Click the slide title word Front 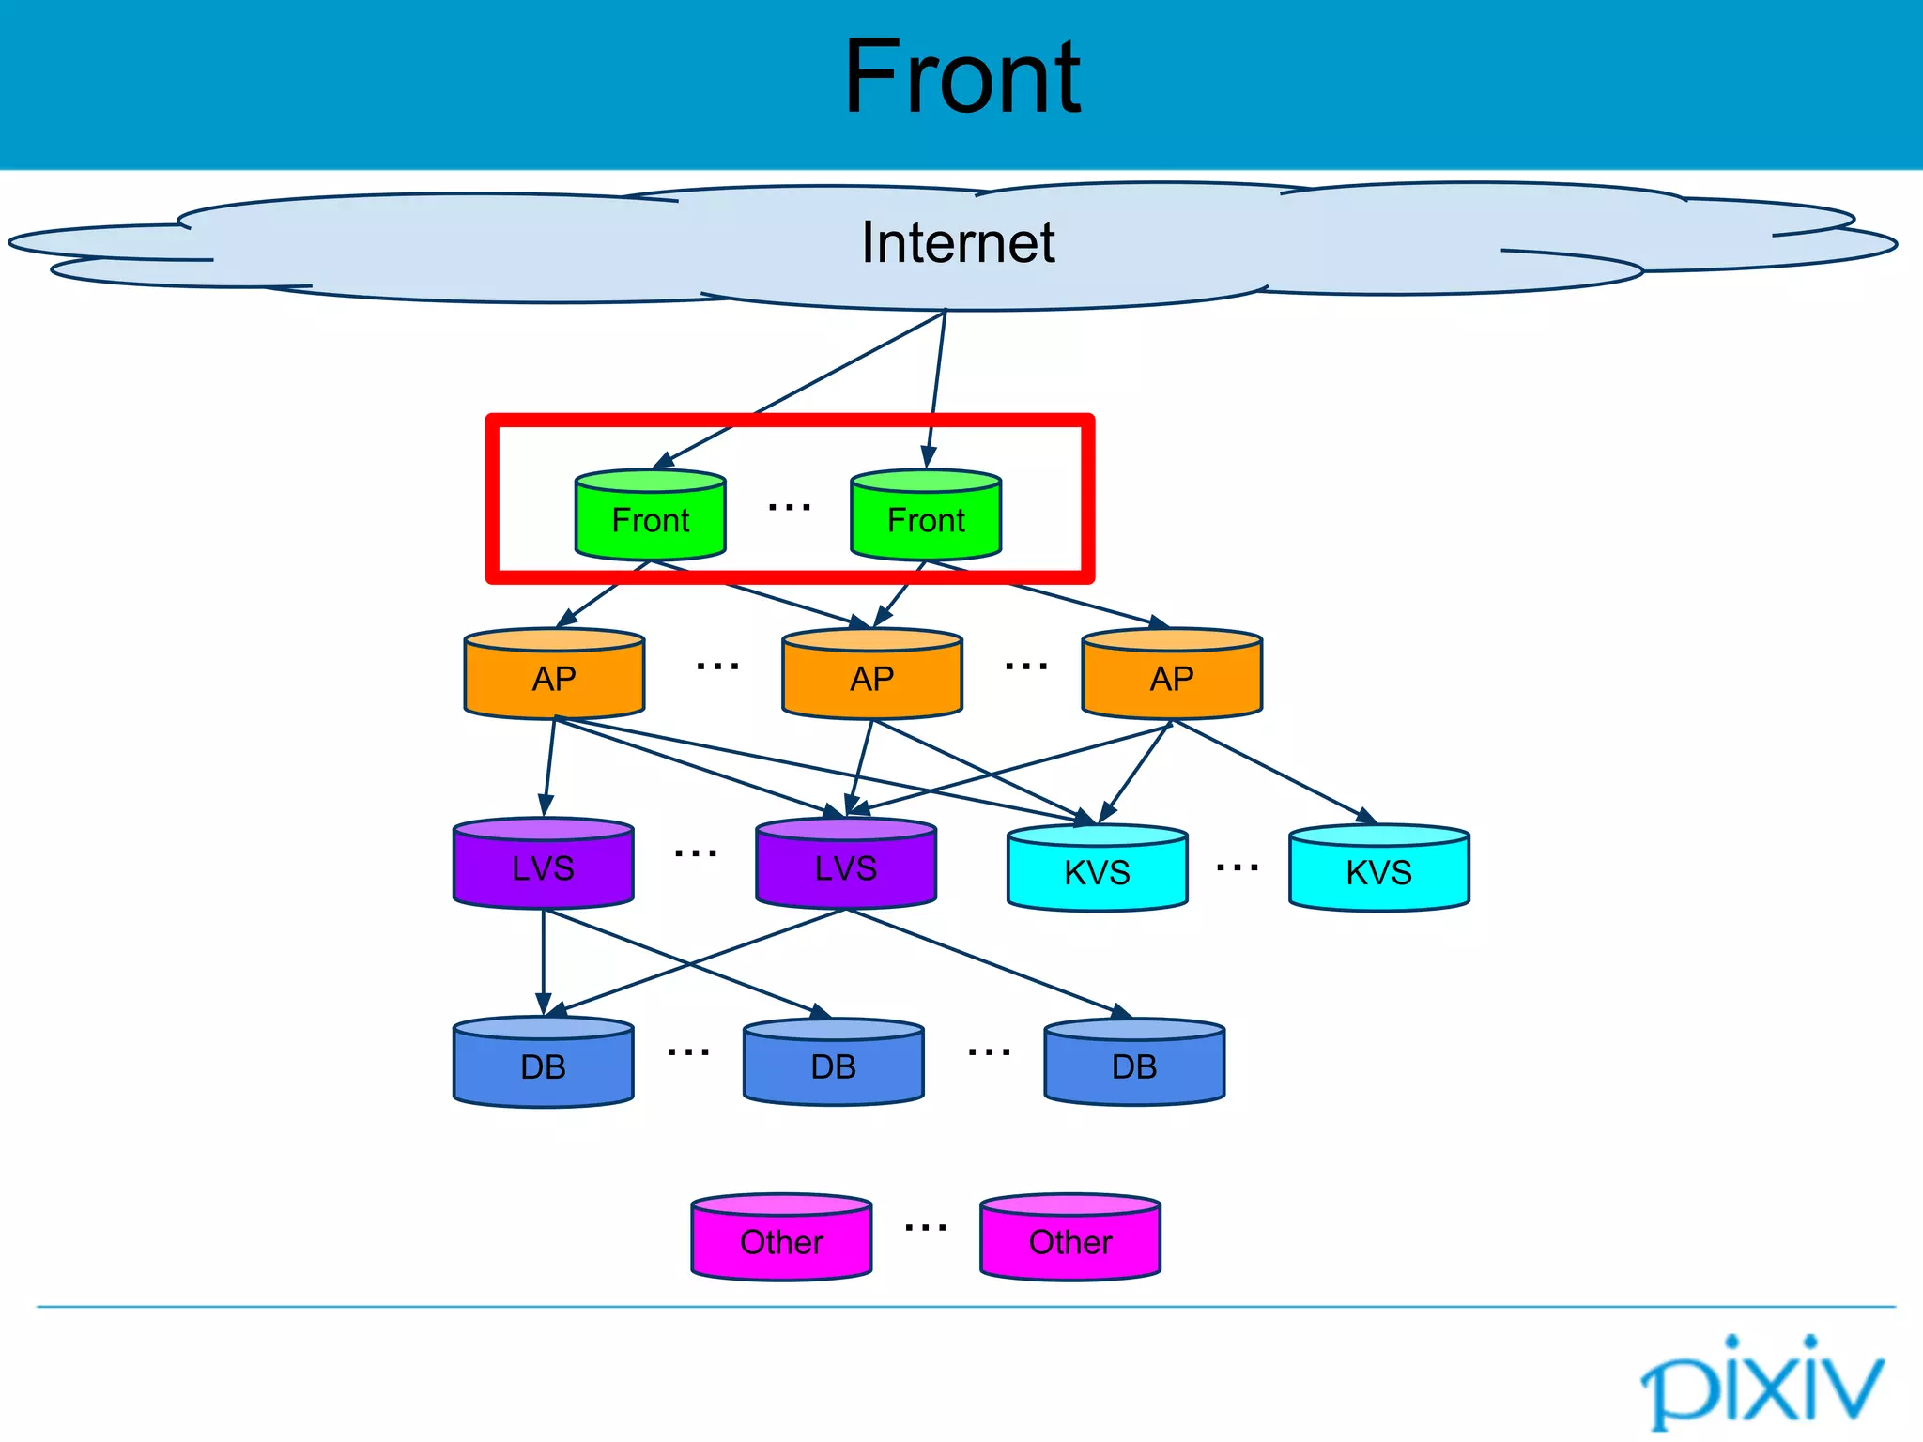pos(961,77)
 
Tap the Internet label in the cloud pos(958,242)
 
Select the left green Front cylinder pos(650,516)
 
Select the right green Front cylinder pos(926,516)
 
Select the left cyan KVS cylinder pos(1097,870)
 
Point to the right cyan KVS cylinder pos(1378,870)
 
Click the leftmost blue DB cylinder pos(543,1065)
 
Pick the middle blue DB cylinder pos(833,1065)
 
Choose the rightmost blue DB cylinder pos(1134,1065)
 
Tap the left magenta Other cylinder pos(781,1239)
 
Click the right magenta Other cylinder pos(1070,1239)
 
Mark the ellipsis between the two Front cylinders pos(789,508)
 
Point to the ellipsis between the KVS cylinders pos(1238,868)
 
